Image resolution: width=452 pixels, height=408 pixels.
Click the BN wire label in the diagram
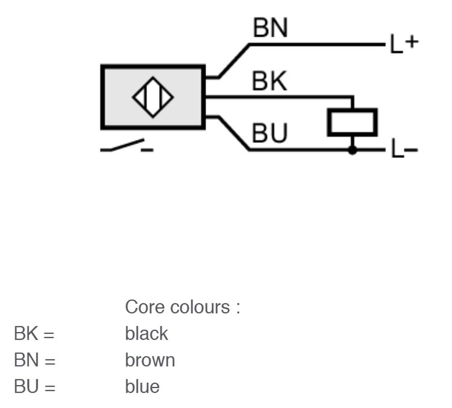270,28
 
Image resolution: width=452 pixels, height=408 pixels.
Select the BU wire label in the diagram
270,133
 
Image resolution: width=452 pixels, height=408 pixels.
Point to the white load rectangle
352,122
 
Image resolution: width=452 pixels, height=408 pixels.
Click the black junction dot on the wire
352,150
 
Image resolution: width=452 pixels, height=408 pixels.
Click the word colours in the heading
200,307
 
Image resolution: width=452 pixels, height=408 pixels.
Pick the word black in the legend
146,334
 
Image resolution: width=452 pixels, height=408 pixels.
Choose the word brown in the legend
150,360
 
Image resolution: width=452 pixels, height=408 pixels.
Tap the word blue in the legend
143,386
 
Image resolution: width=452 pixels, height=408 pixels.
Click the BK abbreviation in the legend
26,334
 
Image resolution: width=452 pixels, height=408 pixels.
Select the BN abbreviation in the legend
26,360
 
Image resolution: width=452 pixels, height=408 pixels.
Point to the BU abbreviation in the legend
26,387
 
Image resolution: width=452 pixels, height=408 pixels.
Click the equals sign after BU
50,387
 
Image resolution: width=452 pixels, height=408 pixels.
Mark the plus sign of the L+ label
412,42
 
